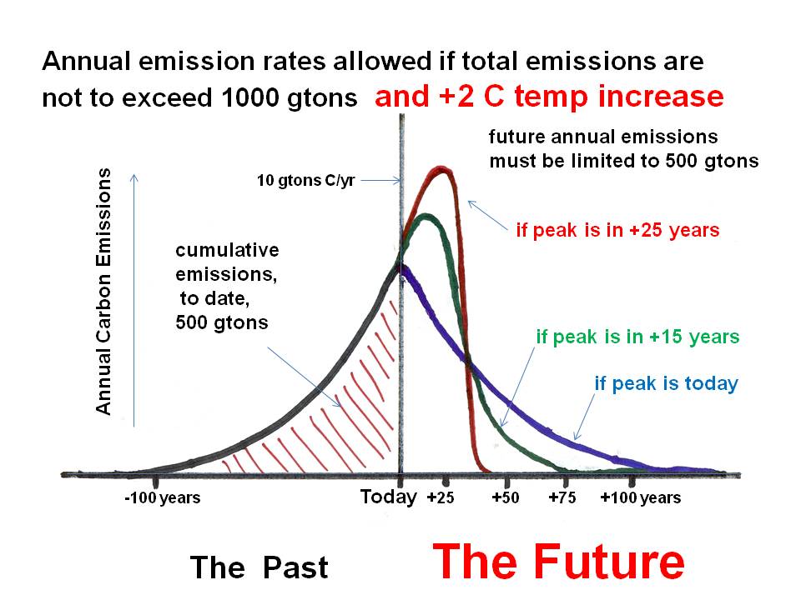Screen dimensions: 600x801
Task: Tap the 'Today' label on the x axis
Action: click(388, 497)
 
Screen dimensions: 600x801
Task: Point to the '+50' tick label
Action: click(506, 498)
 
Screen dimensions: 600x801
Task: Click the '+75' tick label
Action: click(564, 498)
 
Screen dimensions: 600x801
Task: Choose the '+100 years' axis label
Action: click(640, 498)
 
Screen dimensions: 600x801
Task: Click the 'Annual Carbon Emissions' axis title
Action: click(103, 291)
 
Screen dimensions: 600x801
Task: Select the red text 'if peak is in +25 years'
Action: click(617, 231)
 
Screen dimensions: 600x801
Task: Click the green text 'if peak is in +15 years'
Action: click(637, 337)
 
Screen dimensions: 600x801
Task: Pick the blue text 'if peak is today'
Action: click(666, 384)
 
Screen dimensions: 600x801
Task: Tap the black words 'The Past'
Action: click(259, 567)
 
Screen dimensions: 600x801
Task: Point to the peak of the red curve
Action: click(441, 169)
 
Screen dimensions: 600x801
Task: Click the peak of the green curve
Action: click(427, 216)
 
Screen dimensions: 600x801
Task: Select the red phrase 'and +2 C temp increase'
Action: click(549, 97)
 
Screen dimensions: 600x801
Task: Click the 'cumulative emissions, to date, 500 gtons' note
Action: click(227, 286)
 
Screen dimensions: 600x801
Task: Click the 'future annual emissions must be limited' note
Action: click(623, 148)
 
